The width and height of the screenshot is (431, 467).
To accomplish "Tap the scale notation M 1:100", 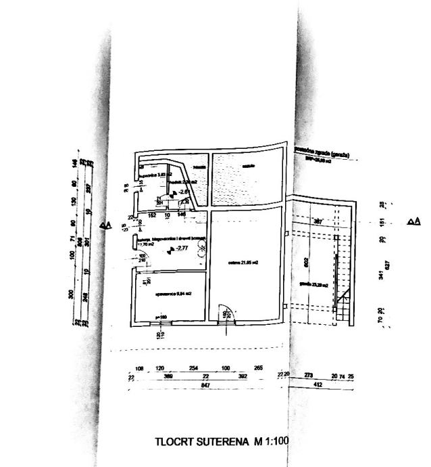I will (x=272, y=442).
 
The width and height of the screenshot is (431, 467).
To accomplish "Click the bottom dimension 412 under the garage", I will (x=318, y=384).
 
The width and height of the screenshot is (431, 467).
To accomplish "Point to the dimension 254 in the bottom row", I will (x=193, y=368).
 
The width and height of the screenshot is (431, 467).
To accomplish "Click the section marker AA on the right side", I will (x=413, y=221).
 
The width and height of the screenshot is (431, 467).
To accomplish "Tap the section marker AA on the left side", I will (x=105, y=225).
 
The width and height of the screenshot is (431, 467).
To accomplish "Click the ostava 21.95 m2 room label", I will (x=245, y=262).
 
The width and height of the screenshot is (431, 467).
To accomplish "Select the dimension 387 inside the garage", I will (x=319, y=221).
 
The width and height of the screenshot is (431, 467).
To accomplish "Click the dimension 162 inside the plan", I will (x=152, y=215).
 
